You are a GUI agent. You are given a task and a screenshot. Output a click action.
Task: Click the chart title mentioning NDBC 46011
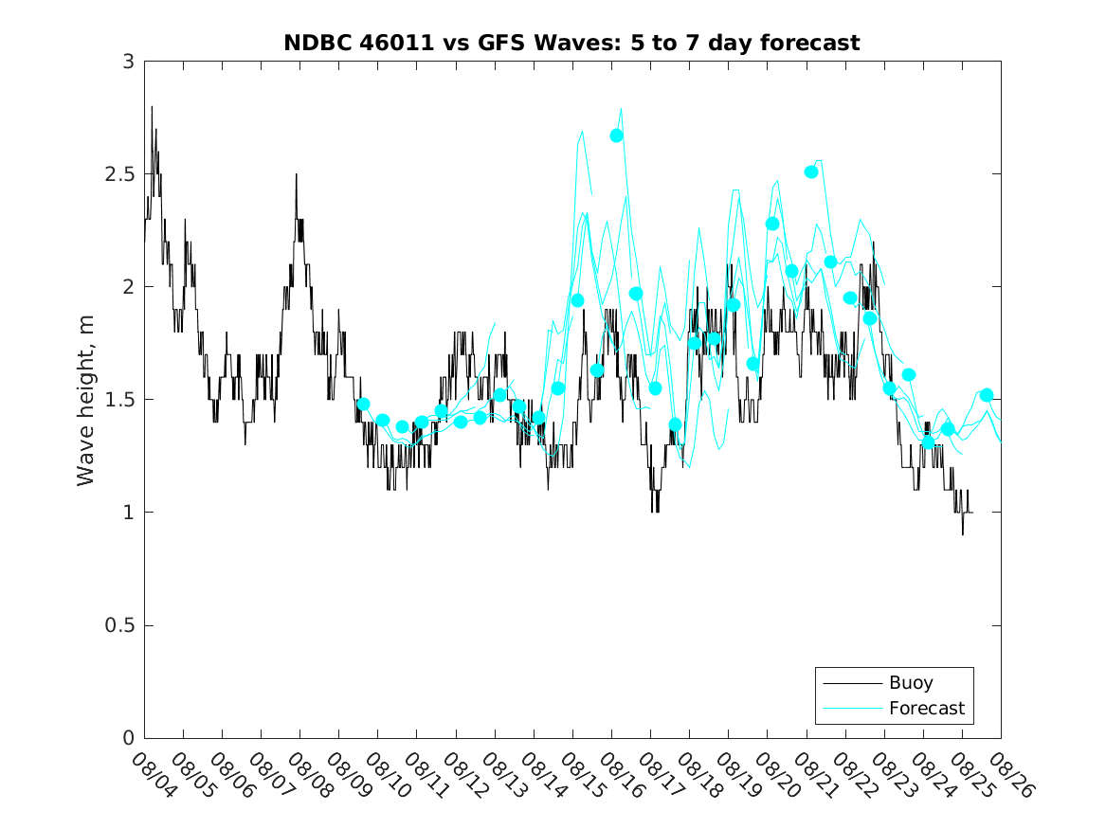point(571,43)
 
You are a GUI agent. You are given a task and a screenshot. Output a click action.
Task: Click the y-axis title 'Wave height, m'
point(86,400)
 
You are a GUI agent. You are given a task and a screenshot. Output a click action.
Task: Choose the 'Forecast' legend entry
point(926,708)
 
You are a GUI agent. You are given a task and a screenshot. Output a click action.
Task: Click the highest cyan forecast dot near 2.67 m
point(617,135)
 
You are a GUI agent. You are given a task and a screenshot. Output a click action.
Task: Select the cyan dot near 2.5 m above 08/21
point(811,171)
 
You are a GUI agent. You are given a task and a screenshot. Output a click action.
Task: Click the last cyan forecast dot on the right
point(987,395)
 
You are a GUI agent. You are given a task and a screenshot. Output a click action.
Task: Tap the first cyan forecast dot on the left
point(363,405)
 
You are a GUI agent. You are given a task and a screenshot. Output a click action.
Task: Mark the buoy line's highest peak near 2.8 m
point(152,106)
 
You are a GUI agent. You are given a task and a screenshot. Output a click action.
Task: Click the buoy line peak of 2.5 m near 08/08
point(296,174)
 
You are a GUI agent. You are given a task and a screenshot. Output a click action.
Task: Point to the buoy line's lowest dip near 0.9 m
point(963,534)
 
